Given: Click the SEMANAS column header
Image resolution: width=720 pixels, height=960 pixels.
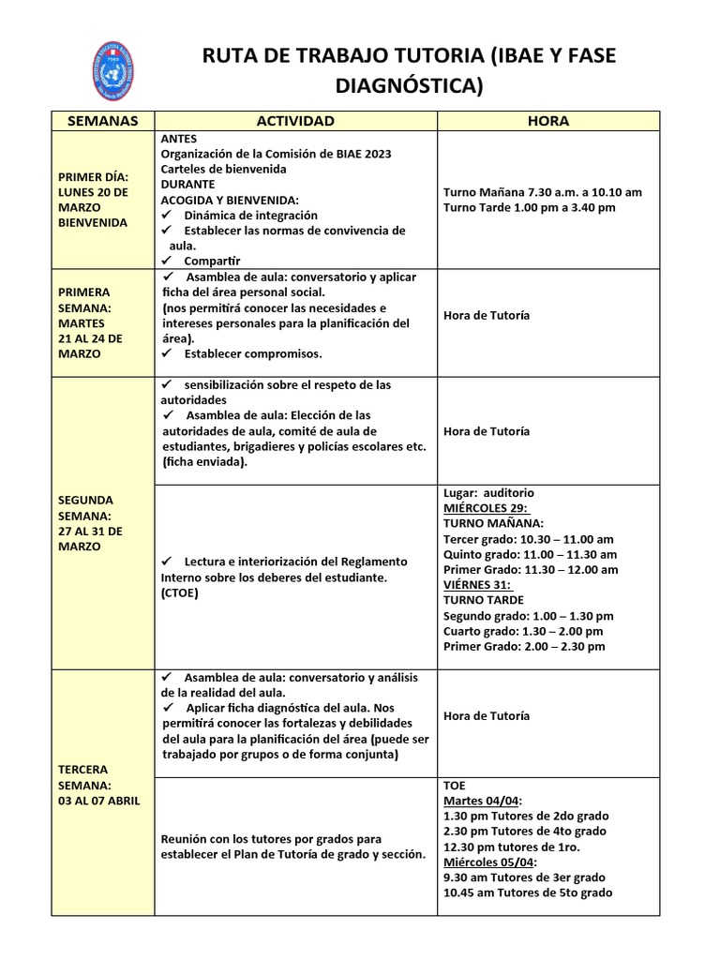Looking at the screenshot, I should (x=103, y=121).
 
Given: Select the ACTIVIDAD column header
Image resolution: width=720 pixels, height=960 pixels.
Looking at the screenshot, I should (x=295, y=121).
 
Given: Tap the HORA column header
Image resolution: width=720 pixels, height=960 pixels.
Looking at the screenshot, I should (x=547, y=121).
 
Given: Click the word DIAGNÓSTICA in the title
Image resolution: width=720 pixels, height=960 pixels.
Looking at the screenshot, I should (x=410, y=87).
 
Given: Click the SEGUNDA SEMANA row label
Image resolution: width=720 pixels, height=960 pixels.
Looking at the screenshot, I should (x=89, y=523).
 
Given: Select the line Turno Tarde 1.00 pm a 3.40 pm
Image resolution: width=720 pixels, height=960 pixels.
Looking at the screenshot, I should (x=529, y=207).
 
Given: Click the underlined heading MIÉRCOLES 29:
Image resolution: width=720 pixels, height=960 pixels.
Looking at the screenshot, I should (x=485, y=508).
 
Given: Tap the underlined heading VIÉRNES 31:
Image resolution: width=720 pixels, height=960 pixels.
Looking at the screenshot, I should (x=477, y=584).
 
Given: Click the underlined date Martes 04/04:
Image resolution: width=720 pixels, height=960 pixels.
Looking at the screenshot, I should (x=483, y=801).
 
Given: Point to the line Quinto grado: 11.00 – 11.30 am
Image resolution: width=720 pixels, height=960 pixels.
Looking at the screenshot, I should (x=530, y=554).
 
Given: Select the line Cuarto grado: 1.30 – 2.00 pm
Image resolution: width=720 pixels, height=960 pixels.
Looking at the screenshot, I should (x=525, y=631).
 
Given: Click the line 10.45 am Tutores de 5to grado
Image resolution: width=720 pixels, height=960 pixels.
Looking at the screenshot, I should (x=528, y=892).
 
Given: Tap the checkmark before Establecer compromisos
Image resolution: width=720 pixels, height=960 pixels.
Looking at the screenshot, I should (x=168, y=353).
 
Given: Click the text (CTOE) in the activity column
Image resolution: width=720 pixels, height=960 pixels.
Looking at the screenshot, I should (x=180, y=592).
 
